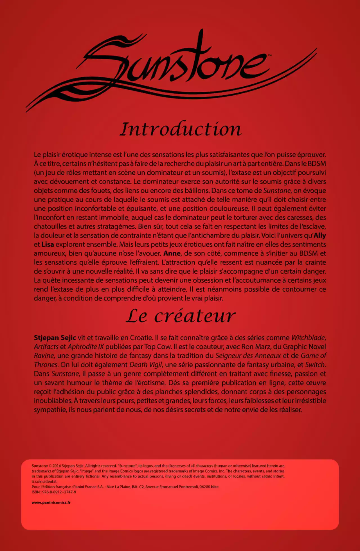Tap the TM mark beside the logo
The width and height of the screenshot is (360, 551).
pos(269,56)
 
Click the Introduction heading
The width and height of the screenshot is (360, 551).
pos(181,129)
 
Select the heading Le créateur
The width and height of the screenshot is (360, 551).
pos(180,316)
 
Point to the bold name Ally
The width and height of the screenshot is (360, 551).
pos(320,235)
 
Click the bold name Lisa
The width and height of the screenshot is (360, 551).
pos(48,244)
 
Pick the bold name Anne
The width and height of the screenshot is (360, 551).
pos(172,253)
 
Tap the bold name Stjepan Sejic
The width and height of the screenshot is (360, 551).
pos(55,338)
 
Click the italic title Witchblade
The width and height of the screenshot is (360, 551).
pos(308,338)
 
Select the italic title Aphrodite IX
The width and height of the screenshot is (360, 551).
pos(85,347)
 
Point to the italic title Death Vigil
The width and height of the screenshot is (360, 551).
pos(146,365)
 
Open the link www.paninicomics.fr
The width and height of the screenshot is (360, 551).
pos(51,502)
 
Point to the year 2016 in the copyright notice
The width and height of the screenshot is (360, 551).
pos(57,466)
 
